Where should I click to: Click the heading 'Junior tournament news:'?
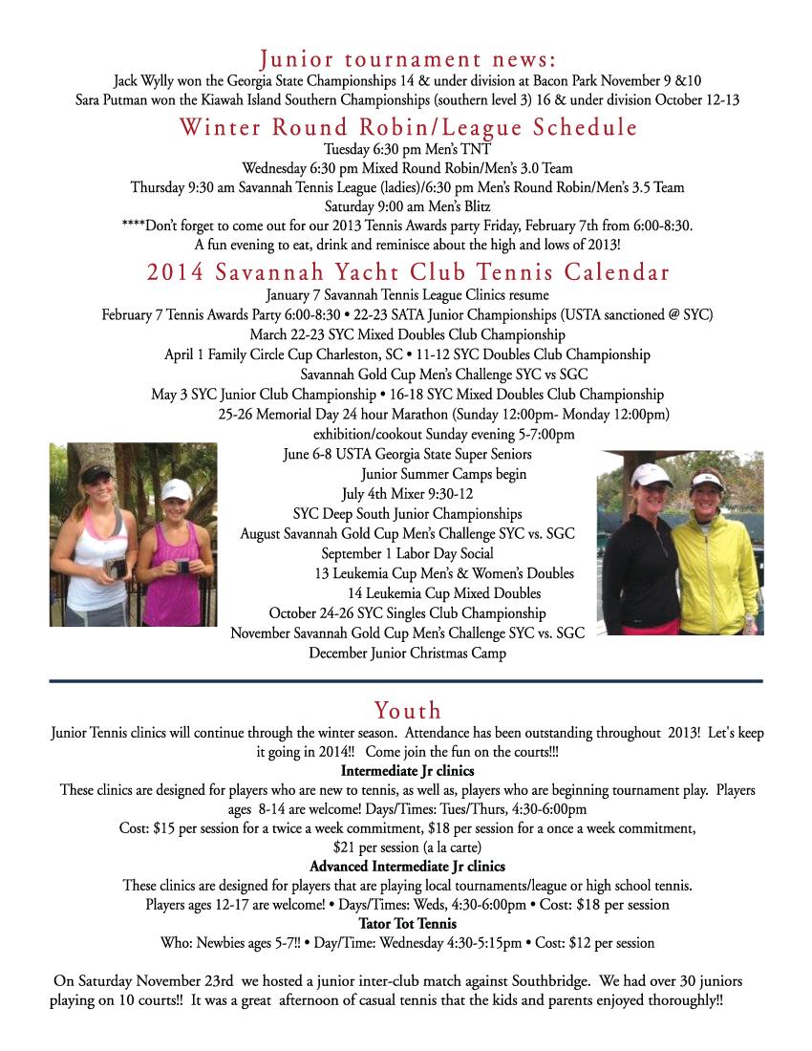coord(407,59)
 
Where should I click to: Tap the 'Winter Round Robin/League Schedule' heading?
coord(407,127)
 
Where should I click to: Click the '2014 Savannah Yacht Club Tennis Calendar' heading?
coord(407,272)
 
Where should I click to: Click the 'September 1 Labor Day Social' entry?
coord(407,553)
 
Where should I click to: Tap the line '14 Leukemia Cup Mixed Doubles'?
coord(444,593)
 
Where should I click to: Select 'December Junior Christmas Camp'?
coord(407,654)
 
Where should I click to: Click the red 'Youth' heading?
coord(407,710)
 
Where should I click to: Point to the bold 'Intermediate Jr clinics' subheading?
coord(407,770)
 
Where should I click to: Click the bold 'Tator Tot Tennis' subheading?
coord(407,924)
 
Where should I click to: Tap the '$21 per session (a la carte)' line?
coord(407,847)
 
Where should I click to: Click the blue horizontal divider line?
coord(407,681)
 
